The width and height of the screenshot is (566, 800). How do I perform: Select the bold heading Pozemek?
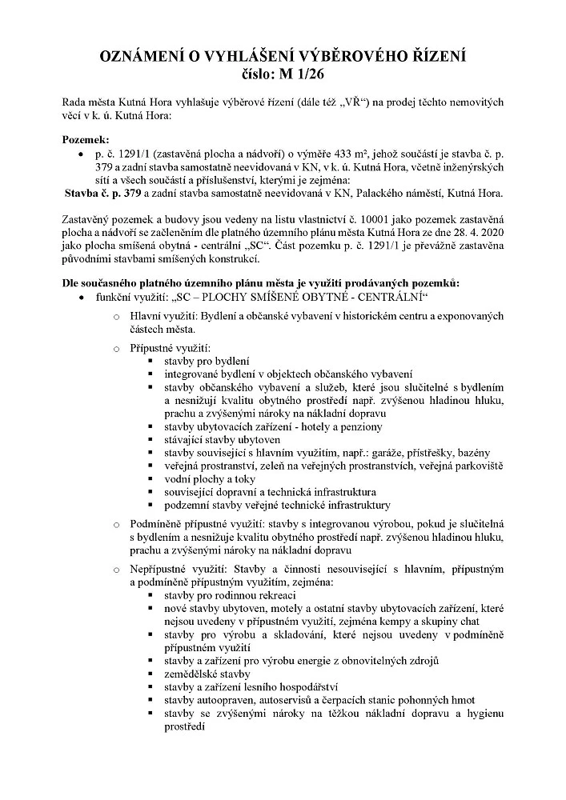coord(85,139)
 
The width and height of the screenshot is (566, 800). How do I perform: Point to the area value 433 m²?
coord(338,153)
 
